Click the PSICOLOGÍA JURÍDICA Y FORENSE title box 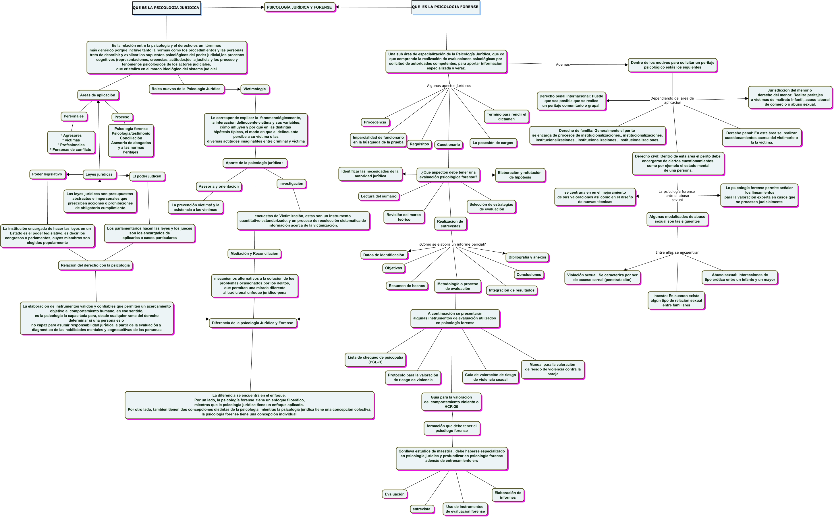[300, 7]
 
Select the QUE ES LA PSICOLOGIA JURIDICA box [166, 8]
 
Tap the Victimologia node [255, 89]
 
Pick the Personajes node [74, 116]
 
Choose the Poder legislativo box [47, 174]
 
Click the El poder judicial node [147, 176]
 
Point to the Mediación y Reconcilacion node [254, 254]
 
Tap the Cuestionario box [448, 145]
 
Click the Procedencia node [375, 123]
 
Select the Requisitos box [419, 144]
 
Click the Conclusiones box [529, 275]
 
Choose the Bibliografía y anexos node [527, 257]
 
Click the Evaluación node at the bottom [395, 494]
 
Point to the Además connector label [563, 65]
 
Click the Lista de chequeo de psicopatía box [375, 360]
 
